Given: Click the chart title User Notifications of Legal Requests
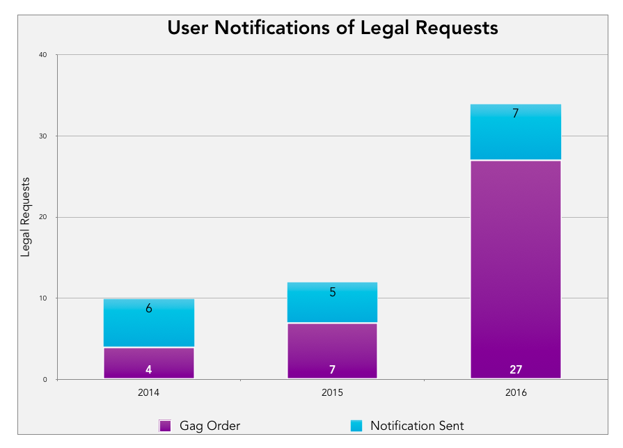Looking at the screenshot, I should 333,28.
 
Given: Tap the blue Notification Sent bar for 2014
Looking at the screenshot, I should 149,323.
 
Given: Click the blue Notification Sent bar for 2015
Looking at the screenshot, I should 332,303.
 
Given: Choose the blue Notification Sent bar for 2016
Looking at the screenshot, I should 515,132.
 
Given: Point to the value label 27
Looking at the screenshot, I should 515,369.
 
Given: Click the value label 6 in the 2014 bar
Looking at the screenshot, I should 149,308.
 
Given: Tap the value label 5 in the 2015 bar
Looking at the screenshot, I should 332,292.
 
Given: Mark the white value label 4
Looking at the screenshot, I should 149,369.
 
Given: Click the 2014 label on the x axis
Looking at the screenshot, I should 149,393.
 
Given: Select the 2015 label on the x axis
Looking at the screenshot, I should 332,393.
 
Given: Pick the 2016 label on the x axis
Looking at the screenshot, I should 516,393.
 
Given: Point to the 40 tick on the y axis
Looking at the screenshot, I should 42,55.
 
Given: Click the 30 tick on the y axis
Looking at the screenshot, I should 42,136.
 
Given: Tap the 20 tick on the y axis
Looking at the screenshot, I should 42,218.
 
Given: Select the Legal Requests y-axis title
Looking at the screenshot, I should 26,217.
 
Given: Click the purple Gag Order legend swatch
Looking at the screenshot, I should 166,426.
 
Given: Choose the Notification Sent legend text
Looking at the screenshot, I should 417,426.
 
